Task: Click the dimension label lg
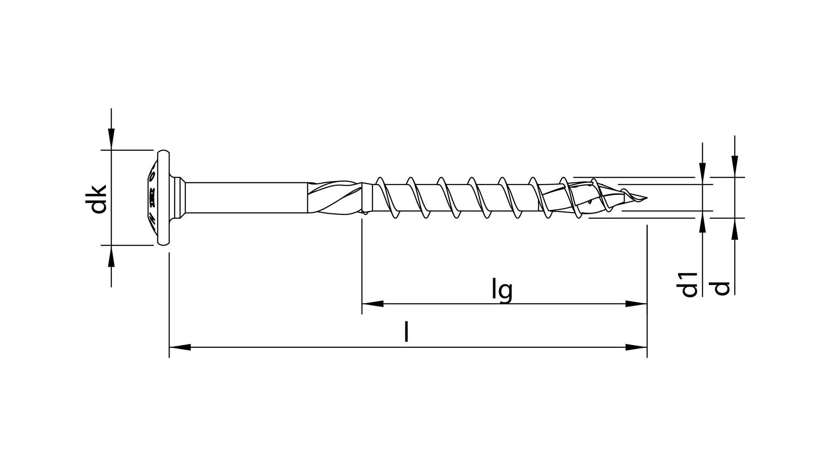pyautogui.click(x=502, y=290)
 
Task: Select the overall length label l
pyautogui.click(x=407, y=333)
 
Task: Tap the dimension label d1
pyautogui.click(x=689, y=285)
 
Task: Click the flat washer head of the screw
pyautogui.click(x=164, y=198)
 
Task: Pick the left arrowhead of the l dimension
pyautogui.click(x=180, y=347)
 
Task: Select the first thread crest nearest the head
pyautogui.click(x=379, y=181)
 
